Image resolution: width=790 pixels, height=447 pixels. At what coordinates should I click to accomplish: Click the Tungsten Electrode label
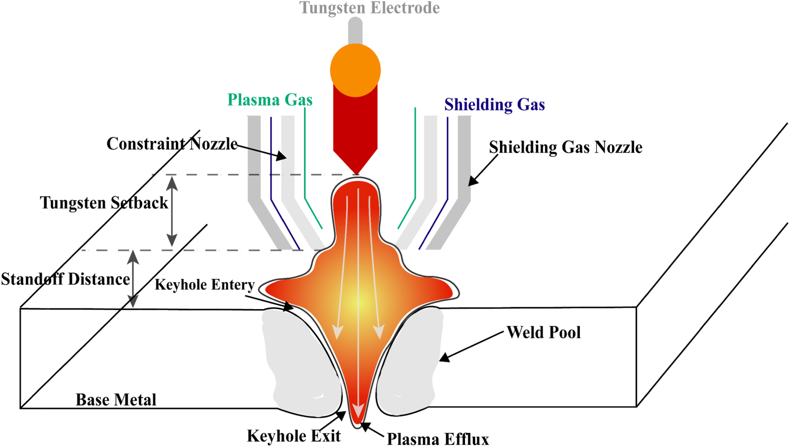coord(369,8)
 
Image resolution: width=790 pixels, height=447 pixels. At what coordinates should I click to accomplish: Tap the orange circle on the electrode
coord(355,70)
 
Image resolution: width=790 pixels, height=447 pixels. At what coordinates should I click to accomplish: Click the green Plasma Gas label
coord(270,100)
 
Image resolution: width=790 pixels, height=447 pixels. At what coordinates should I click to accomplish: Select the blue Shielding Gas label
coord(494,104)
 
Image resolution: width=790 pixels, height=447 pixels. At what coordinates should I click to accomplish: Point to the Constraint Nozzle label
coord(172,143)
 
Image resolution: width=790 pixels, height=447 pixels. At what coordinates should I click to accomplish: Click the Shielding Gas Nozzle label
coord(565,147)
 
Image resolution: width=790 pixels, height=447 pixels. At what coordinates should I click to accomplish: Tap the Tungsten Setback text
coord(104,203)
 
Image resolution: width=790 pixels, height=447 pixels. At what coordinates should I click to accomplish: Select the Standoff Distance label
coord(65,279)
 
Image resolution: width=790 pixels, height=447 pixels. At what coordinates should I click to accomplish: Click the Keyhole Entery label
coord(204,285)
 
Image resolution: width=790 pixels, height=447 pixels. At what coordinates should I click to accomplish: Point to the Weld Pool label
coord(544,332)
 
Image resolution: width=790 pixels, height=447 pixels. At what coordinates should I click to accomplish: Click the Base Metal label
coord(116,400)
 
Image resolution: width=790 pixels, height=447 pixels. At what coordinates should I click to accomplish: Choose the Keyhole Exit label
coord(293,436)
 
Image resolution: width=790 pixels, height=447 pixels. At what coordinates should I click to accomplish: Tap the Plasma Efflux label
coord(438,439)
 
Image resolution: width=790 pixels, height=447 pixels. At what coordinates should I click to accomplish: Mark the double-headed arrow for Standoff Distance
coord(133,279)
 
